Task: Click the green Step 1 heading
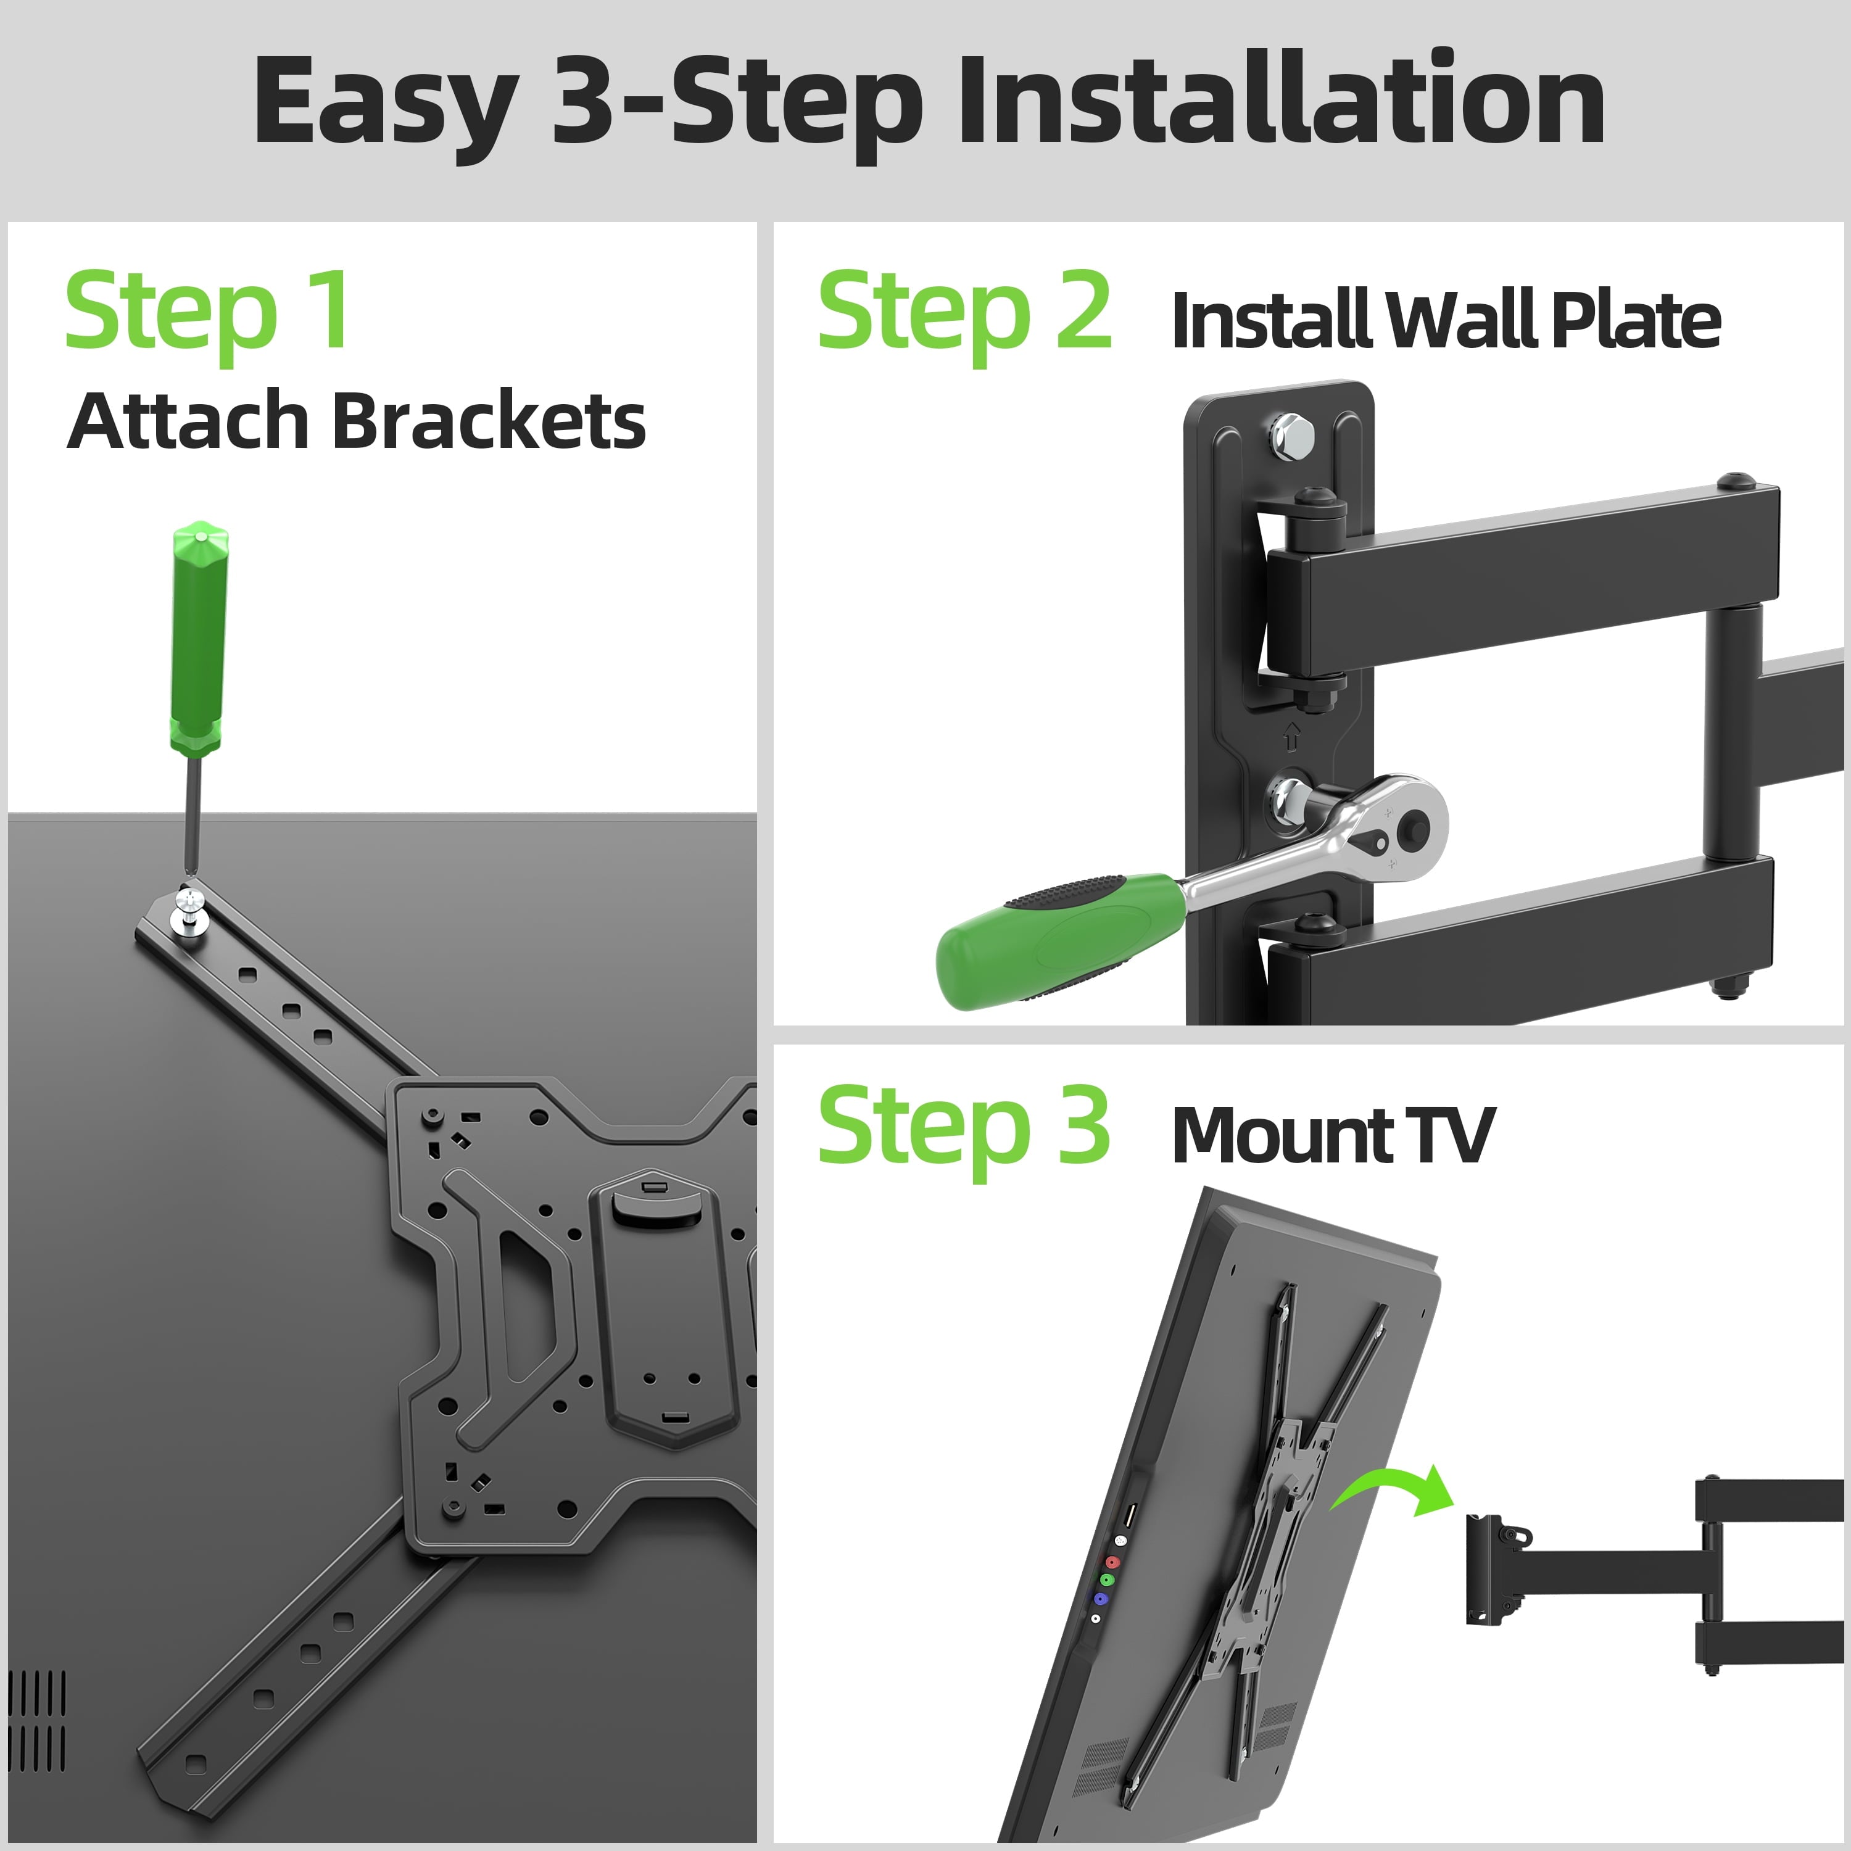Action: (x=207, y=312)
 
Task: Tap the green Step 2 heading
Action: (x=963, y=312)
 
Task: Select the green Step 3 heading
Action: (x=963, y=1126)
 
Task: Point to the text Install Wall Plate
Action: (x=1445, y=321)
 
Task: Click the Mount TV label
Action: (x=1331, y=1135)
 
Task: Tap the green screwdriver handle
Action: (x=198, y=637)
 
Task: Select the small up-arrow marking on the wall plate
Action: (x=1291, y=737)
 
